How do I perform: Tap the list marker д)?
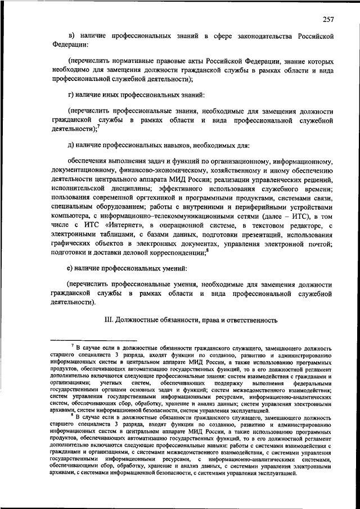click(71, 146)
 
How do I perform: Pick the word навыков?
click(179, 146)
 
